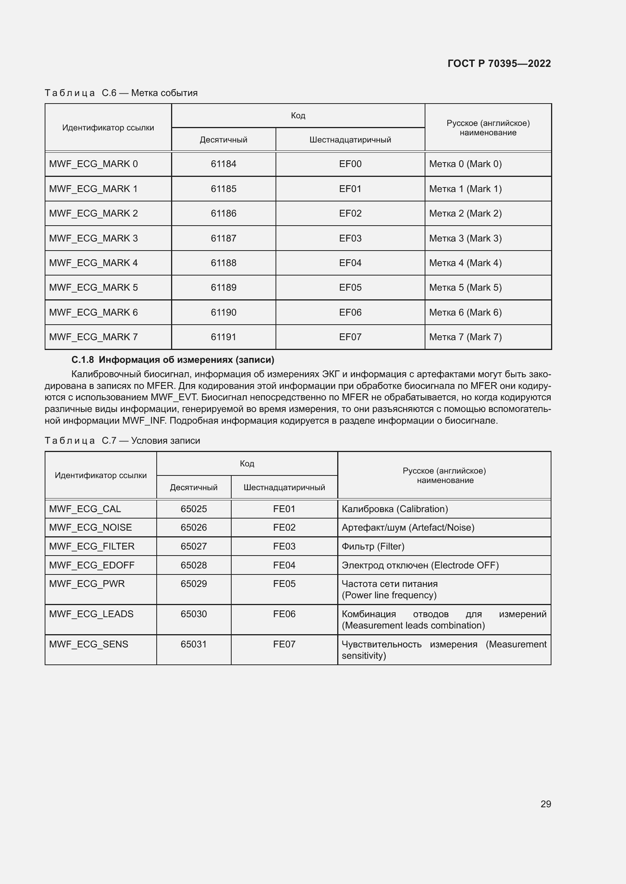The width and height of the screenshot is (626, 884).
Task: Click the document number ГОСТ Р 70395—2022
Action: click(499, 63)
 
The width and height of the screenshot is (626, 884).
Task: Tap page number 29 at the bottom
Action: click(545, 804)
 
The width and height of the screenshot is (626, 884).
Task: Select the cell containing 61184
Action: click(223, 164)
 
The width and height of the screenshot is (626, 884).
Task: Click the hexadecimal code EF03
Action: click(350, 238)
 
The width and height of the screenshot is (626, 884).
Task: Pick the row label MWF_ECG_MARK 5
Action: click(93, 288)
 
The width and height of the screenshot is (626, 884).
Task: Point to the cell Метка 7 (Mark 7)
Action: click(465, 337)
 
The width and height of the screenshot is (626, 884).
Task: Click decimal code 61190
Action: click(223, 312)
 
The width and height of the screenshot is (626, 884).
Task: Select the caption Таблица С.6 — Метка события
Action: click(121, 93)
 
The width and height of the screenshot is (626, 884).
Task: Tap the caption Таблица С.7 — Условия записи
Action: click(122, 440)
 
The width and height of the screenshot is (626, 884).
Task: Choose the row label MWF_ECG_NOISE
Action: click(90, 528)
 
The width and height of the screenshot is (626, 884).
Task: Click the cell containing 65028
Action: click(193, 565)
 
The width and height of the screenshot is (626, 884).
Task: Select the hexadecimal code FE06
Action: click(284, 614)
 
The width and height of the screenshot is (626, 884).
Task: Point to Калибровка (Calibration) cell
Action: click(395, 509)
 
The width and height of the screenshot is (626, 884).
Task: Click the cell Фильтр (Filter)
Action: click(373, 547)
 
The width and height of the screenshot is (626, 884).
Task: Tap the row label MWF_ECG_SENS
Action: click(88, 644)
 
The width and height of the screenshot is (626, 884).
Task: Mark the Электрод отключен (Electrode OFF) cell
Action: click(420, 565)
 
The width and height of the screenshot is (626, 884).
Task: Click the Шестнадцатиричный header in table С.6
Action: click(350, 140)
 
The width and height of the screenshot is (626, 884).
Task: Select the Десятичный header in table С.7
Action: click(193, 488)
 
